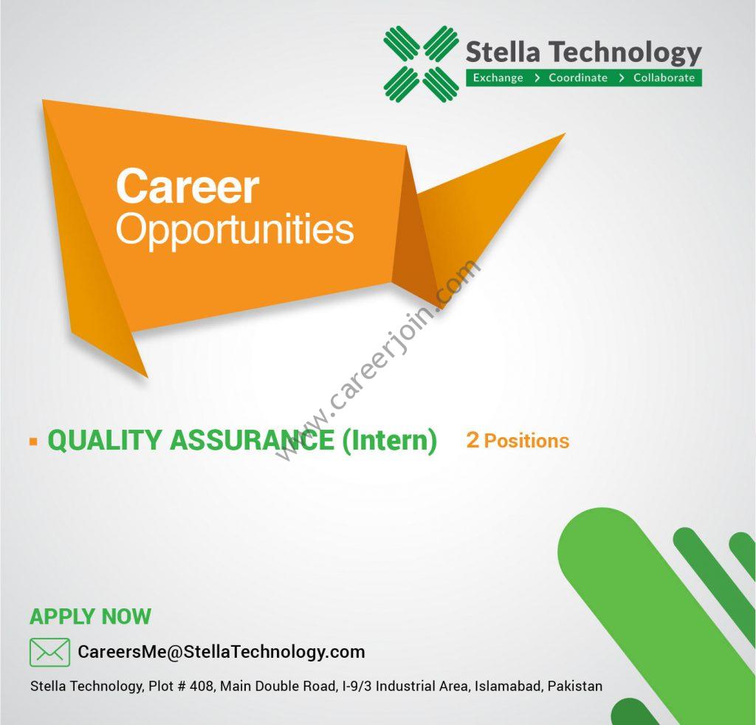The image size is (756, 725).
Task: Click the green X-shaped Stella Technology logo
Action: (x=422, y=63)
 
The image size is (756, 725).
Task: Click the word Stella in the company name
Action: (x=503, y=52)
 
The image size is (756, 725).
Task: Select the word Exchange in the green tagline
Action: (x=498, y=78)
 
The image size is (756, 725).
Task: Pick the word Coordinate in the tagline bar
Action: (x=578, y=78)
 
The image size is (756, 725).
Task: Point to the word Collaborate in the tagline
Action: (x=664, y=78)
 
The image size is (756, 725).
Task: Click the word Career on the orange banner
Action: (x=188, y=186)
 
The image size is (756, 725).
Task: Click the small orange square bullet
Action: (x=33, y=441)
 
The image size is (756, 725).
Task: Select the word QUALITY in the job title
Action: (x=105, y=440)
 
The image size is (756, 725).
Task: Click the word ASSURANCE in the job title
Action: (x=252, y=440)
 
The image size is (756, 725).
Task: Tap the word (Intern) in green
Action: (x=390, y=441)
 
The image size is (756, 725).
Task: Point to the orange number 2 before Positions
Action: (x=472, y=440)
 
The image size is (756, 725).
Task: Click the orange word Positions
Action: (x=526, y=441)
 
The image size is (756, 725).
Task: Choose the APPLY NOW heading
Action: (x=90, y=616)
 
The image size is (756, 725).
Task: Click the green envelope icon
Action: (x=49, y=652)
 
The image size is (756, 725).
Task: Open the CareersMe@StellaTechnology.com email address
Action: (x=221, y=652)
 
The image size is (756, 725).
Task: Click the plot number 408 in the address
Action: (x=201, y=686)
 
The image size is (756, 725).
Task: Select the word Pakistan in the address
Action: (x=575, y=686)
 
